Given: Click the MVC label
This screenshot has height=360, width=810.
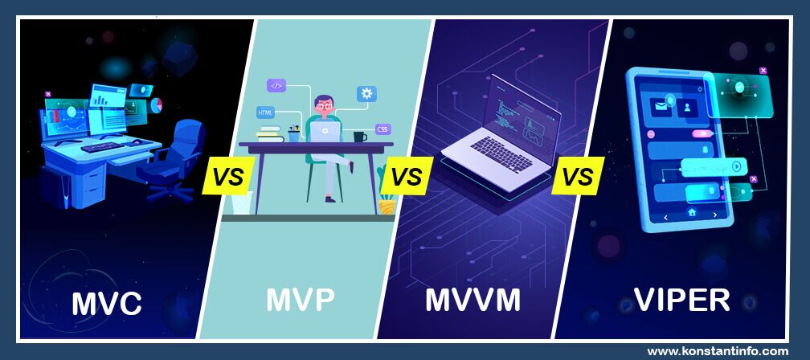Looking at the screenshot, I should coord(107,303).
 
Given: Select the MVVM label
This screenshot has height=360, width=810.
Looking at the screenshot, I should coord(472,301).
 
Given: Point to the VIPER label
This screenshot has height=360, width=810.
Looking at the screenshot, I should coord(681,299).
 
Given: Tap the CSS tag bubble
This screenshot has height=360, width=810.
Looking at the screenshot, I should coord(382,129).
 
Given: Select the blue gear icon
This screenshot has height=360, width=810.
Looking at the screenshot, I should coord(366,94).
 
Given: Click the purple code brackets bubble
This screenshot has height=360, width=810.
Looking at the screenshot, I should coord(276,84).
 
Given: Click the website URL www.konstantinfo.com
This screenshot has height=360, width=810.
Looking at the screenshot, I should coord(718,351).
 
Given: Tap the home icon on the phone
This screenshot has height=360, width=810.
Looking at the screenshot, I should coord(690,213).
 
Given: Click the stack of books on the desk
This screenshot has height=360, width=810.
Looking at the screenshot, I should coord(269,134).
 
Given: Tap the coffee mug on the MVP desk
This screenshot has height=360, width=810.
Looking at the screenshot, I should coord(359,137).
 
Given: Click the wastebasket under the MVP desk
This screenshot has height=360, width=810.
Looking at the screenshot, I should coord(242,202).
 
